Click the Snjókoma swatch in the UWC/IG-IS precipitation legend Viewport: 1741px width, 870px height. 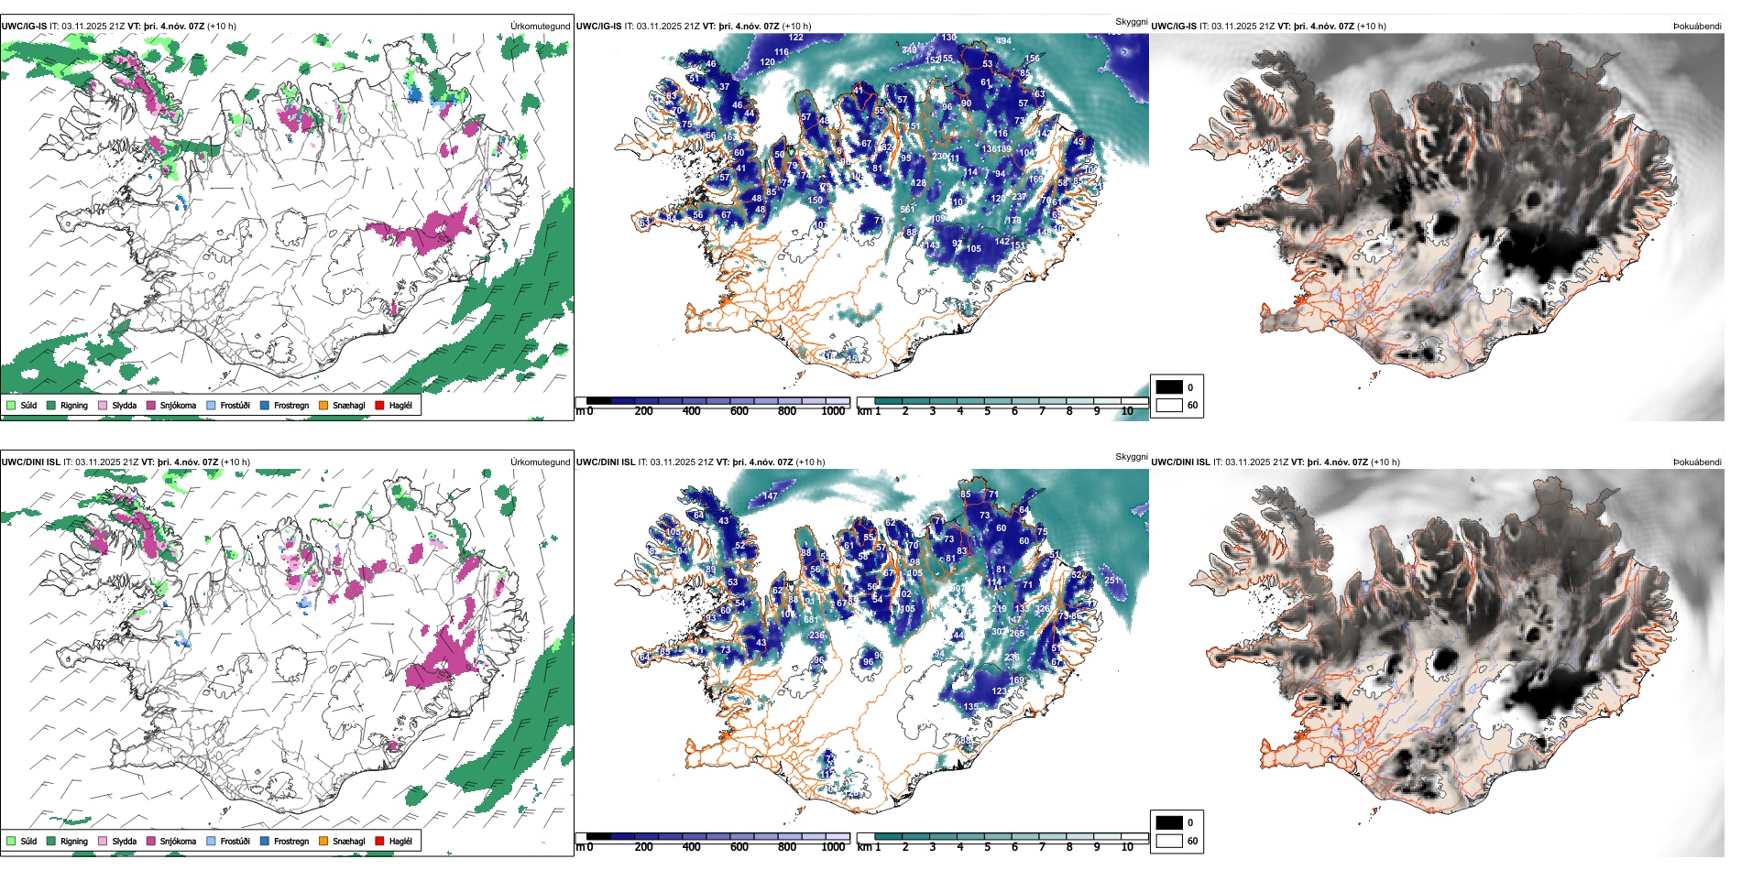pyautogui.click(x=151, y=405)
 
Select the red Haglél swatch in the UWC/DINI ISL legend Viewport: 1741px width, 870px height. pyautogui.click(x=379, y=841)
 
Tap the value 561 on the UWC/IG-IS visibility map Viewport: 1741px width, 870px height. pyautogui.click(x=907, y=210)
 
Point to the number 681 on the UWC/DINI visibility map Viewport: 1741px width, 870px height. pyautogui.click(x=811, y=620)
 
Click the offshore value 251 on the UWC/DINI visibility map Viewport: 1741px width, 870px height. pyautogui.click(x=1112, y=581)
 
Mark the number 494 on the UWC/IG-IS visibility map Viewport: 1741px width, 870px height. pyautogui.click(x=1004, y=41)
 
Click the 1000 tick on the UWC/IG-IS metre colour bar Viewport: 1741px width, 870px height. pyautogui.click(x=833, y=411)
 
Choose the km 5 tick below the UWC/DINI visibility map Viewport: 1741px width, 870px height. pyautogui.click(x=987, y=847)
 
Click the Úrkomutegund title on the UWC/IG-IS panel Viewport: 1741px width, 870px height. pyautogui.click(x=540, y=26)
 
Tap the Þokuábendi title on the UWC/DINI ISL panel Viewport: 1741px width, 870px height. pyautogui.click(x=1697, y=462)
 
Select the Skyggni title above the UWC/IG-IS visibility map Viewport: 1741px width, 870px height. pyautogui.click(x=1131, y=21)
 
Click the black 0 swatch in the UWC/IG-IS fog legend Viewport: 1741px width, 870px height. pyautogui.click(x=1169, y=387)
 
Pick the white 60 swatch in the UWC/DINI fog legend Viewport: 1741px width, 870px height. pyautogui.click(x=1169, y=841)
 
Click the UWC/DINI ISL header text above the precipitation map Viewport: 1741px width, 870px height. pyautogui.click(x=30, y=462)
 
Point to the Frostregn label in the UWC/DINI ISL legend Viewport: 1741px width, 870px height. pyautogui.click(x=291, y=841)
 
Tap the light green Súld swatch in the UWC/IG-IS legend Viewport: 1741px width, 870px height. pyautogui.click(x=11, y=405)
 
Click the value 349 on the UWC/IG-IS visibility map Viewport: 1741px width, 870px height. pyautogui.click(x=909, y=50)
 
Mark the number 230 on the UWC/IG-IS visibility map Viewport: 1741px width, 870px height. pyautogui.click(x=939, y=157)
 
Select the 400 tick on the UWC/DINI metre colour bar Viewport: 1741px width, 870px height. pyautogui.click(x=691, y=847)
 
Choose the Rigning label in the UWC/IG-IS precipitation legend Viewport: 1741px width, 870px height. pyautogui.click(x=74, y=405)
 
